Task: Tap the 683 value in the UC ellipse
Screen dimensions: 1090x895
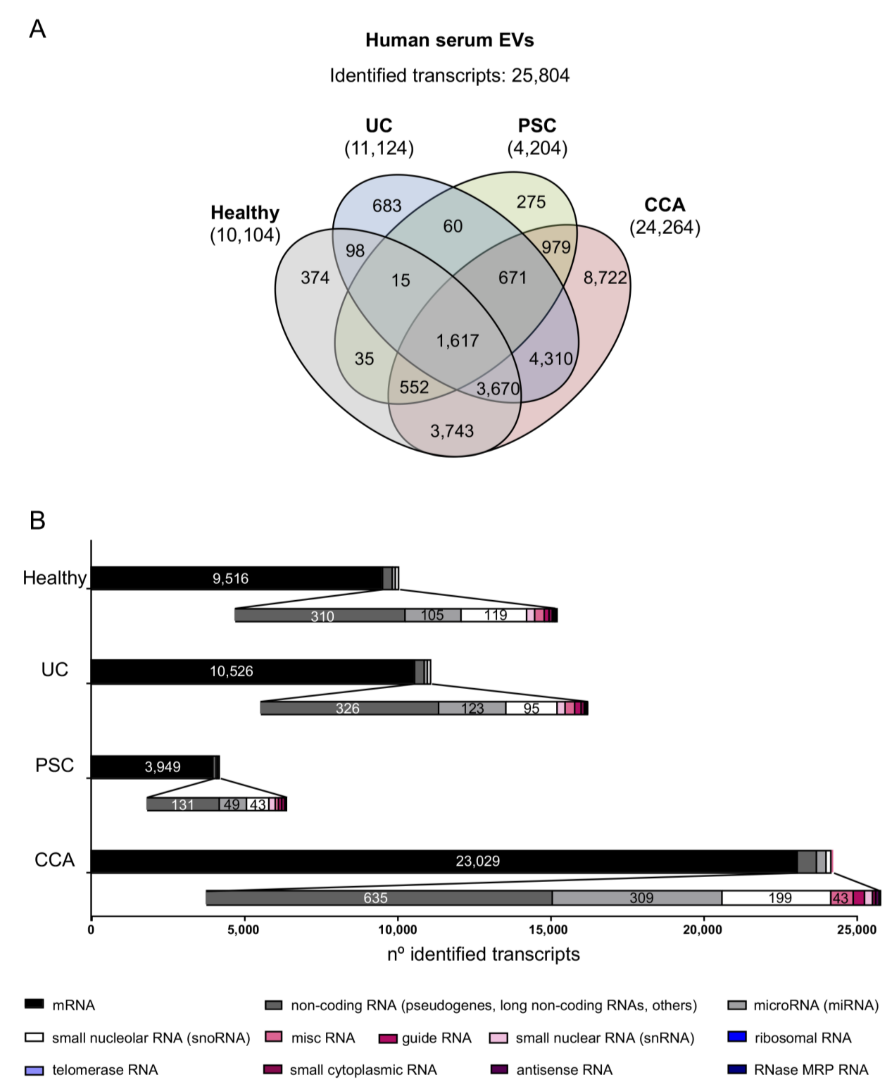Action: tap(387, 206)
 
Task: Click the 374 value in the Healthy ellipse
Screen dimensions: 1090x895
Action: tap(315, 278)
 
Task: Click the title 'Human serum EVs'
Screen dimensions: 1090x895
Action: tap(449, 40)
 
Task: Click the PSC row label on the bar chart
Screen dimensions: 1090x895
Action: tap(55, 765)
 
